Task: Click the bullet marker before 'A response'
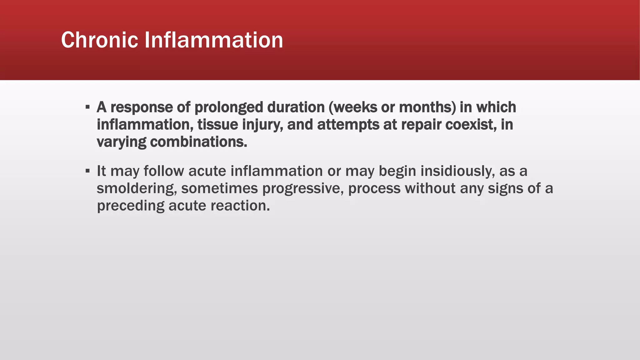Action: point(87,107)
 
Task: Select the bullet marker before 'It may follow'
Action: point(87,171)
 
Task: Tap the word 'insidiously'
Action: point(457,171)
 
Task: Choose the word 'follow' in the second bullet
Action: point(164,171)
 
